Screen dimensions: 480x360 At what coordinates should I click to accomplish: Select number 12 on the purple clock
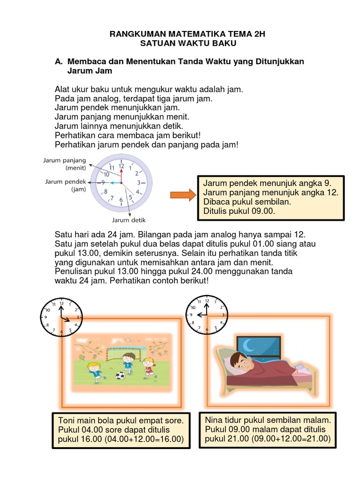point(121,166)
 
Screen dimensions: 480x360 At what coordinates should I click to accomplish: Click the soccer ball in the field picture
point(120,375)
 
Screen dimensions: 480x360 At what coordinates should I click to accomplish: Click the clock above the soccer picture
point(61,317)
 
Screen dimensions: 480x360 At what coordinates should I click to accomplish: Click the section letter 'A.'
point(59,62)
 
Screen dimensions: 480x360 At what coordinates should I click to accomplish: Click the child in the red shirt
point(149,367)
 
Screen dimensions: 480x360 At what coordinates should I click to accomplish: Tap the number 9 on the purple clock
point(103,183)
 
